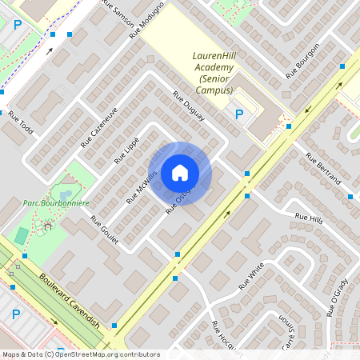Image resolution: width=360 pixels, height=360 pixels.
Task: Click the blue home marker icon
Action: click(x=180, y=172)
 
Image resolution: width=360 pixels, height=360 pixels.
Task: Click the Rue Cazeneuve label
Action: click(x=99, y=126)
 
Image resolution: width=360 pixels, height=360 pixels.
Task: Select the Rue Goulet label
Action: click(x=104, y=231)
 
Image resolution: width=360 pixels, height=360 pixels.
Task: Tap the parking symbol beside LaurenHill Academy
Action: click(x=238, y=114)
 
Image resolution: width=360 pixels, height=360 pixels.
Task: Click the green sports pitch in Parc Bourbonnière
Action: click(x=21, y=235)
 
